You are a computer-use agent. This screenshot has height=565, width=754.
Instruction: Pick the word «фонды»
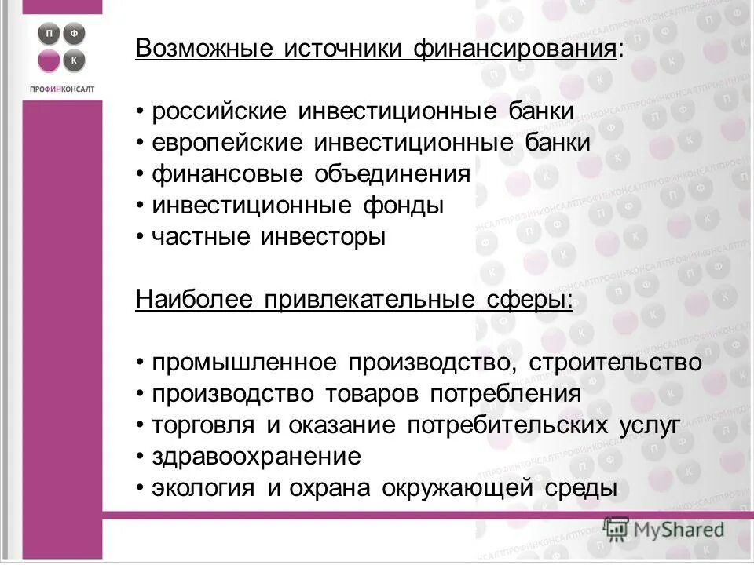click(403, 206)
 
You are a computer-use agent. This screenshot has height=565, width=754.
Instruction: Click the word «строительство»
click(615, 363)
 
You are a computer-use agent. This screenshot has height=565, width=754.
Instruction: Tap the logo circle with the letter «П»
click(48, 34)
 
